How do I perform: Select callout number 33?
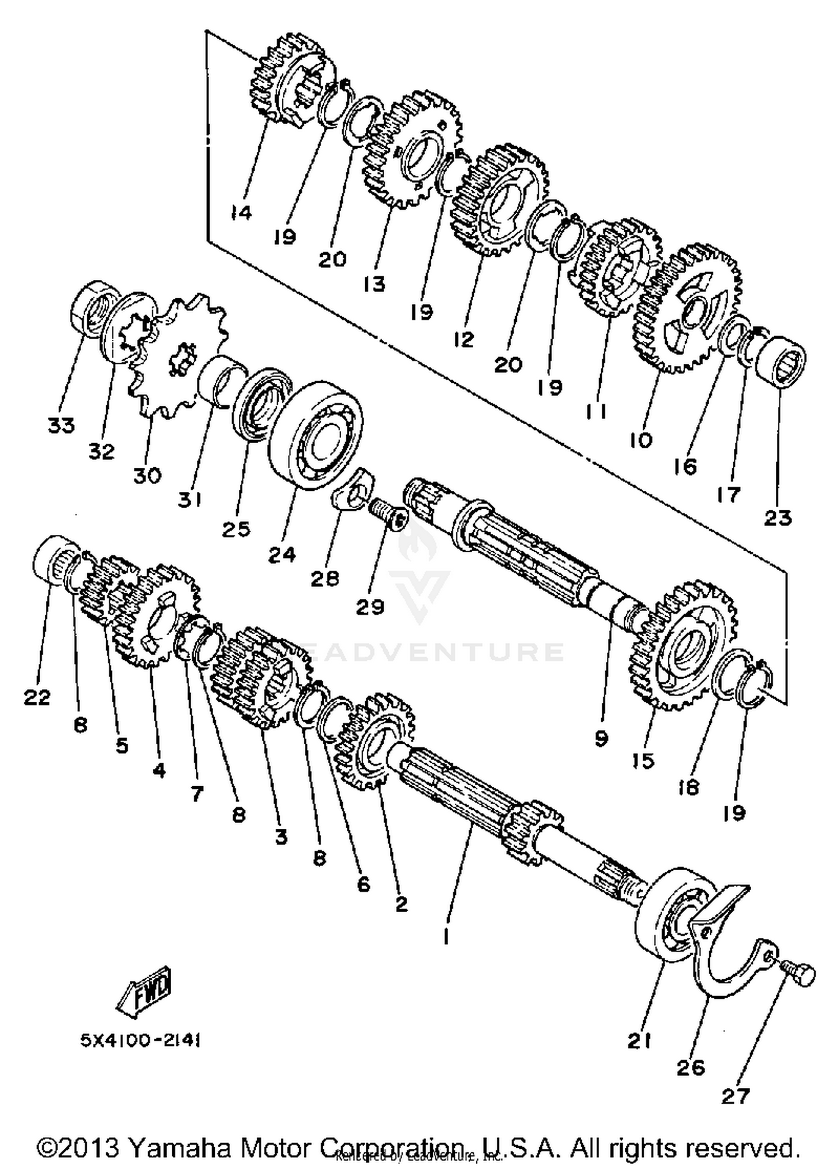62,426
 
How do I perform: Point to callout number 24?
281,555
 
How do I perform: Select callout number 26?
691,1068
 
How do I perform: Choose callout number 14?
241,213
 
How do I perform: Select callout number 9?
601,739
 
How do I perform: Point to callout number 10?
640,440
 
